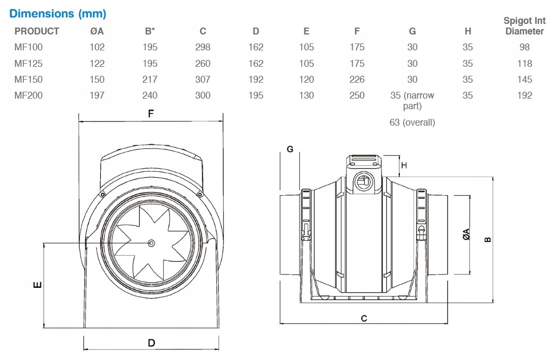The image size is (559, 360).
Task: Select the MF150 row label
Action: click(29, 80)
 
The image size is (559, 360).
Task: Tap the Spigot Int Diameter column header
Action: click(524, 26)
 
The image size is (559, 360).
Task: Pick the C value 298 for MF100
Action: click(203, 47)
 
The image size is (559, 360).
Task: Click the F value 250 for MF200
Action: click(357, 95)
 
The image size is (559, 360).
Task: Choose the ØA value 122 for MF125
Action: click(97, 64)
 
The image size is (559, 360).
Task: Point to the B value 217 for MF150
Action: click(150, 80)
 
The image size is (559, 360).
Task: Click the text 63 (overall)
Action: click(412, 122)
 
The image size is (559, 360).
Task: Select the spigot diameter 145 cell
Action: click(524, 80)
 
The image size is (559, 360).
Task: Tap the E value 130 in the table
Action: click(307, 95)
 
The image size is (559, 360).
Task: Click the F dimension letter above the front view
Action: click(151, 114)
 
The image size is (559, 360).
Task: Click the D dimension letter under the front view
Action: click(151, 343)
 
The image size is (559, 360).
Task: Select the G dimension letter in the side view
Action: click(290, 149)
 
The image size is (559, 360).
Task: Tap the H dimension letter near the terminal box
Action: click(404, 165)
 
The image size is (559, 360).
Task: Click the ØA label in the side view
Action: click(466, 234)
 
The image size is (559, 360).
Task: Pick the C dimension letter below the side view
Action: click(364, 318)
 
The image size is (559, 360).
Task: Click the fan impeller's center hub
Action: click(152, 243)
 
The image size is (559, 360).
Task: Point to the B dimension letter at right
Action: click(488, 238)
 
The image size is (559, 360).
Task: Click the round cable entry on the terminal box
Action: click(364, 181)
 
